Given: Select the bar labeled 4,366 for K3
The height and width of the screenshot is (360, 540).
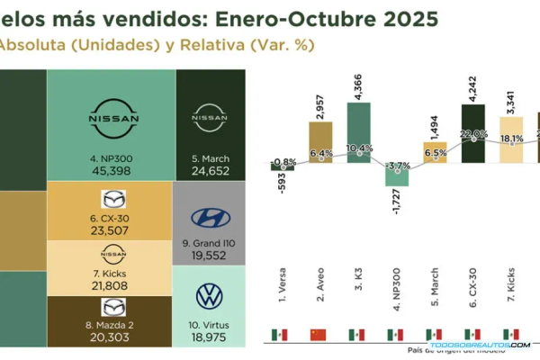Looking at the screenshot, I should click(358, 131).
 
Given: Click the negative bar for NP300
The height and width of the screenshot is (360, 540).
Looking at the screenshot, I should click(396, 173).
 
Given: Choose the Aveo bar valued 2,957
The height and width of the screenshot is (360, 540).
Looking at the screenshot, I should click(321, 141).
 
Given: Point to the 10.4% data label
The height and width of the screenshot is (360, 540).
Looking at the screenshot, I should click(359, 148).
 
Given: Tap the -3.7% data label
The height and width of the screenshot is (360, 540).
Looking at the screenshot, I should click(396, 166).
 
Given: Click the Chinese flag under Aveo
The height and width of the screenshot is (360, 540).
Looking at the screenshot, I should click(319, 335).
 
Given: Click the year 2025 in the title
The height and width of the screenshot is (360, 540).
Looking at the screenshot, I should click(409, 18).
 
